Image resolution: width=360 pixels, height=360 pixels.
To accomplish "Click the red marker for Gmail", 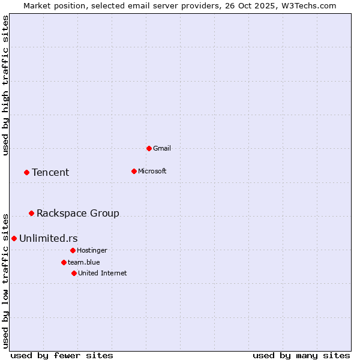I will (x=149, y=148).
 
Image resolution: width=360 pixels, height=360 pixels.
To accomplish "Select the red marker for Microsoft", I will (x=134, y=171).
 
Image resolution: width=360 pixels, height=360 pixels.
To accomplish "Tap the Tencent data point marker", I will (x=26, y=172).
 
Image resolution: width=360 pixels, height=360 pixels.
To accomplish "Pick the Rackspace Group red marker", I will (x=31, y=213).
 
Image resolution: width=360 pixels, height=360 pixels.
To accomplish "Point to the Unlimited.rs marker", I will (x=14, y=238).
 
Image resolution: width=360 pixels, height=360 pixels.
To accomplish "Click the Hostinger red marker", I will (x=73, y=250).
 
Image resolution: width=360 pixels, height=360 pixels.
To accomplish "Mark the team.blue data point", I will (x=64, y=262).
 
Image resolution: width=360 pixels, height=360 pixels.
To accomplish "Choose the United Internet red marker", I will (x=74, y=273).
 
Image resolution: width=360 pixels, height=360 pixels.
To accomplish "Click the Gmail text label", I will (x=162, y=148).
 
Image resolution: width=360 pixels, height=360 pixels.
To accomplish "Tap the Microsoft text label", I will (x=152, y=171).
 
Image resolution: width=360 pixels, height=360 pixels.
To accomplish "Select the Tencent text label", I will (x=50, y=172).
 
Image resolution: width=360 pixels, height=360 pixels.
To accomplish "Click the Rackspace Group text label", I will (x=78, y=213).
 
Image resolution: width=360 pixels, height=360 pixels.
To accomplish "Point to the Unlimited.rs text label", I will (x=49, y=238).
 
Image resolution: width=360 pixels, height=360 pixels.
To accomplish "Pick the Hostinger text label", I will (x=92, y=250).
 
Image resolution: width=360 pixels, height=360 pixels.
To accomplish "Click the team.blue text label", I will (x=84, y=262).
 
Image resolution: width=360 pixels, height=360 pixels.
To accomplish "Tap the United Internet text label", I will (x=103, y=273).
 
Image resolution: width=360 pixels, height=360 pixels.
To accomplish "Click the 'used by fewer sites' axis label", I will (x=62, y=355).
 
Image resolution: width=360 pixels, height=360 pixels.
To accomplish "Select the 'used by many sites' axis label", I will (x=301, y=355).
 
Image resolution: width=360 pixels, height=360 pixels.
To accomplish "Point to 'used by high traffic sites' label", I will (x=5, y=85).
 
